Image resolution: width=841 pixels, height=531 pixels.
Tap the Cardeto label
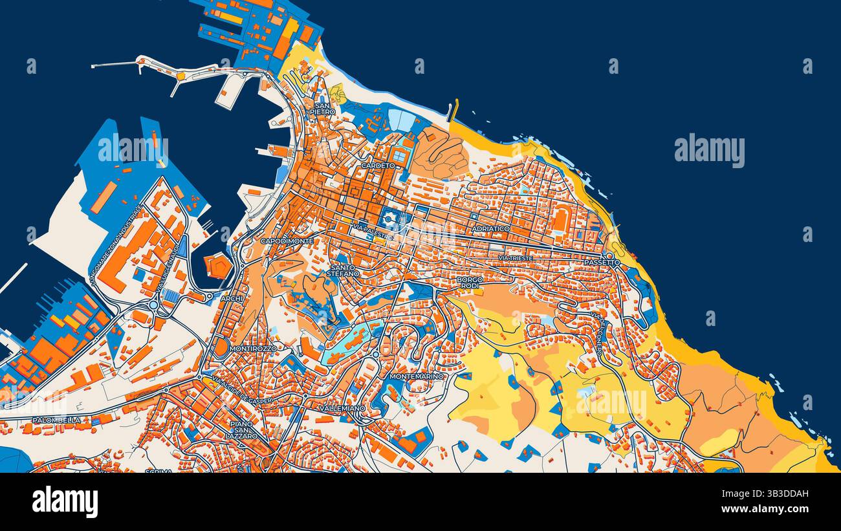point(378,166)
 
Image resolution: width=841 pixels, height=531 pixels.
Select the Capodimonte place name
point(287,241)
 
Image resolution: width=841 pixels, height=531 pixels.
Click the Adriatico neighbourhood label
point(491,229)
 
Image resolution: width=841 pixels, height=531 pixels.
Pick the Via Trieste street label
point(516,258)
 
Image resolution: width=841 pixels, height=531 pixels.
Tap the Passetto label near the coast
point(602,263)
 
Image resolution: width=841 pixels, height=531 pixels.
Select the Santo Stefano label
point(343,270)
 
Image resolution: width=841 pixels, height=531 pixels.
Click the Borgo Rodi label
point(470,283)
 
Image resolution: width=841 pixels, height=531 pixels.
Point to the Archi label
point(231,299)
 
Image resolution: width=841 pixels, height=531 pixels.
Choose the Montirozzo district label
point(253,348)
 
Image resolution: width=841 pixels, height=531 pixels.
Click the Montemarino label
point(417,376)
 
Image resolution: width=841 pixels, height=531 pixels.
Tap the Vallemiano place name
point(342,408)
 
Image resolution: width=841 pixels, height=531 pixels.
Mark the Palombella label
point(57,420)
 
